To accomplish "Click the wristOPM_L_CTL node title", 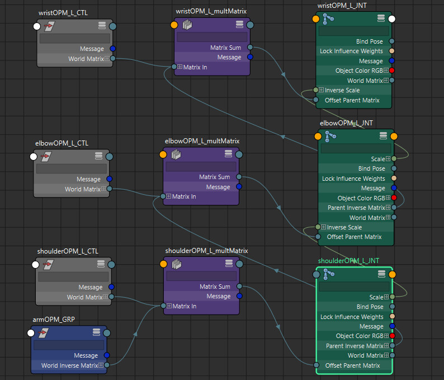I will (63, 12).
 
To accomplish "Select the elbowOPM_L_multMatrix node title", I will (202, 141).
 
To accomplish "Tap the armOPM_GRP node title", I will (54, 320).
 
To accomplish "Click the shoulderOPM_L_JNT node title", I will (348, 261).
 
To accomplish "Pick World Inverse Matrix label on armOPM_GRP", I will (69, 365).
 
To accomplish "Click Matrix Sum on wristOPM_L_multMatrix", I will (225, 48).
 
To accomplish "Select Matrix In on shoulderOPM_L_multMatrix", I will (184, 306).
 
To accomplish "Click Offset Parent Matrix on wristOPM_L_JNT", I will (352, 100).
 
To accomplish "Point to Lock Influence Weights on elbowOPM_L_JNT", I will (353, 179).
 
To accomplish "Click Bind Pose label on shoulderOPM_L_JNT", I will (370, 307).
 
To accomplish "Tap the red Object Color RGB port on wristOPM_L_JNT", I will (392, 71).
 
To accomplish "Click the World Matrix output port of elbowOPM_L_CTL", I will (110, 189).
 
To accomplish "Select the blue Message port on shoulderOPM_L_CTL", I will (111, 288).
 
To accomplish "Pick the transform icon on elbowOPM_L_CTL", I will (47, 157).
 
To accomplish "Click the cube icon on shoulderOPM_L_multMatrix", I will (177, 264).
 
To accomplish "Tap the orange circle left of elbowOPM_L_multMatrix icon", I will (163, 154).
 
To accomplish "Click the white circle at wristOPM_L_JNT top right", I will (392, 18).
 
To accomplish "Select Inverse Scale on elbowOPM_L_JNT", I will (344, 227).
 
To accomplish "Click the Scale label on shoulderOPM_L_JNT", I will (376, 297).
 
